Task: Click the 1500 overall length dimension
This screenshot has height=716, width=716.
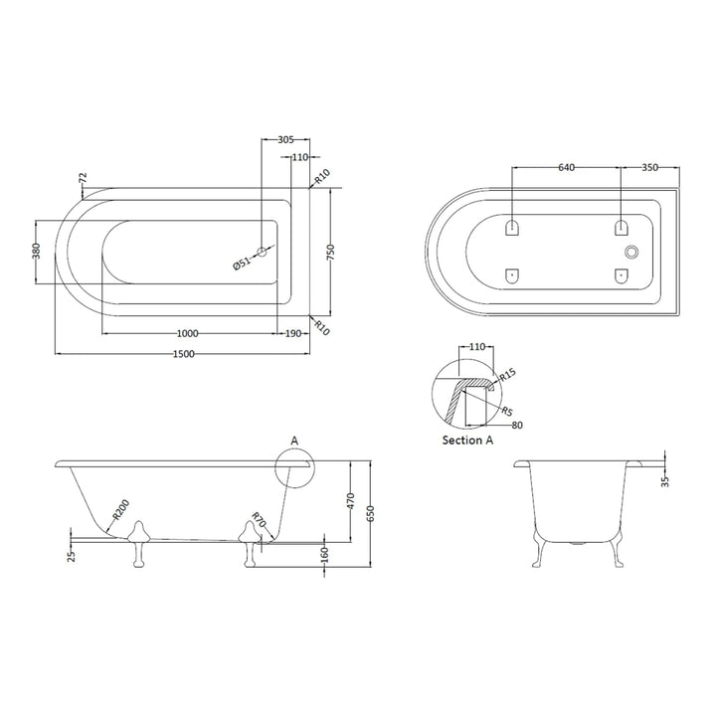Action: tap(184, 354)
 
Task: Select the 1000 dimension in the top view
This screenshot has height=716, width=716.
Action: tap(187, 334)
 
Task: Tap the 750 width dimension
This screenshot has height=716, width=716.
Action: tap(331, 253)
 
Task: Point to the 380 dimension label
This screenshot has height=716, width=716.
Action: tap(37, 252)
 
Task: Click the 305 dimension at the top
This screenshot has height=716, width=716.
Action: tap(285, 140)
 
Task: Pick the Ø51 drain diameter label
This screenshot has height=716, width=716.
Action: tap(242, 264)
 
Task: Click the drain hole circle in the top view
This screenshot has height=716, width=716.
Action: tap(263, 252)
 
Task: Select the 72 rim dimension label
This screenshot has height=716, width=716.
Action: tap(83, 178)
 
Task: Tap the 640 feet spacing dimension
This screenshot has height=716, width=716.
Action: tap(566, 168)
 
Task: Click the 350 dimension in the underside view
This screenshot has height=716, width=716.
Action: tap(649, 168)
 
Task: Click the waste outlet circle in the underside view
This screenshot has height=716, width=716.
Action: tap(631, 252)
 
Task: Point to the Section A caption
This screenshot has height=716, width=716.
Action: tap(467, 441)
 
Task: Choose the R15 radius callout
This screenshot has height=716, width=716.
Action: tap(507, 375)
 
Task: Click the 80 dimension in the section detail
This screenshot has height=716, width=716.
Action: tap(517, 426)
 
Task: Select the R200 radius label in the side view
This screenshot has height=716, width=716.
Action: tap(121, 510)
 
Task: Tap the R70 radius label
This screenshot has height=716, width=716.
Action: tap(259, 520)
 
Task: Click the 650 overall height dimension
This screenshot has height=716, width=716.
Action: tap(370, 515)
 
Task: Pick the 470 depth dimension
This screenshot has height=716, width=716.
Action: tap(351, 502)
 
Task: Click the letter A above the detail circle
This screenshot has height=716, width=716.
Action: tap(294, 442)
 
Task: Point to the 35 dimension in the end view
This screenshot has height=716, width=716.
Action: tap(665, 481)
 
